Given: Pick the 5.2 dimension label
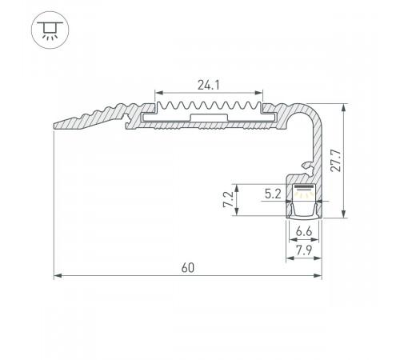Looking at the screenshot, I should [x=272, y=192].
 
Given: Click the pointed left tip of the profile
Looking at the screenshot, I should [x=56, y=124].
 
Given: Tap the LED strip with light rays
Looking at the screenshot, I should [x=304, y=193].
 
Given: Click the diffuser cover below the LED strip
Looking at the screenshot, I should [x=304, y=210].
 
